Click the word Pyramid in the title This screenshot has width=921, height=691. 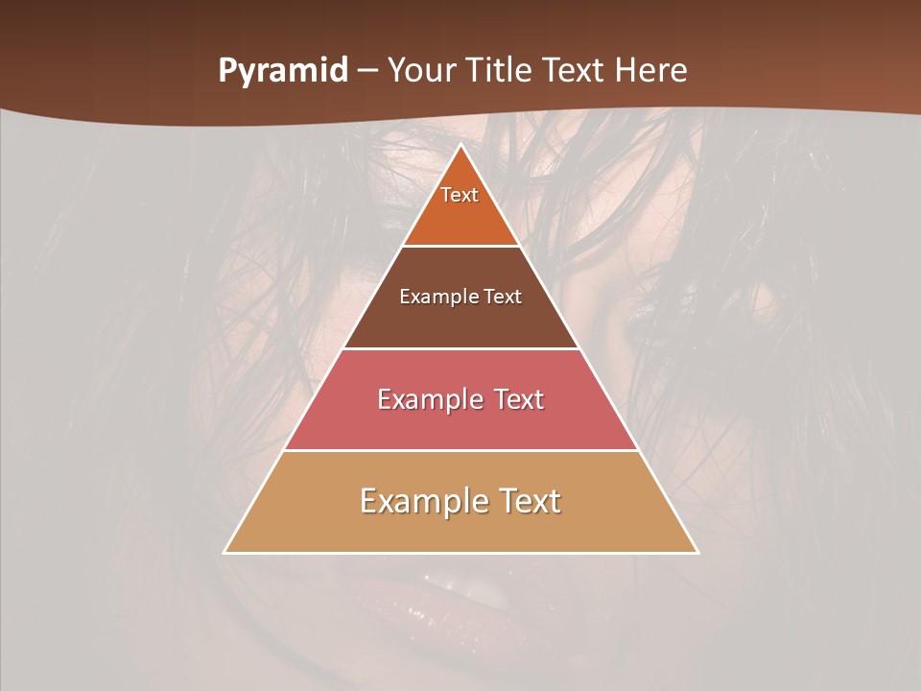tap(282, 71)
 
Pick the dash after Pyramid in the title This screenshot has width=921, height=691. tap(367, 71)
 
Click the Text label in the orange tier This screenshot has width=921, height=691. tap(460, 195)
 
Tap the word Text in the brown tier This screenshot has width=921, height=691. tap(503, 297)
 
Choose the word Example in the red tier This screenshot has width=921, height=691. tap(426, 399)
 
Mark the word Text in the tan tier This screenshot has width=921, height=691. tap(526, 501)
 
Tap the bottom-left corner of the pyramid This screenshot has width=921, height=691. tap(225, 552)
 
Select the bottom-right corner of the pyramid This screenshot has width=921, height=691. tap(697, 552)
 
